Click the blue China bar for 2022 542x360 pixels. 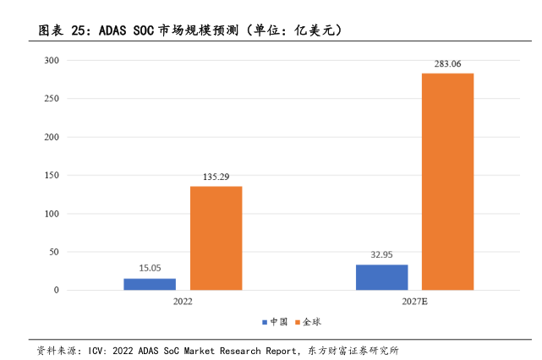[x=150, y=284]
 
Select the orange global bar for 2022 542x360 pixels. [x=216, y=238]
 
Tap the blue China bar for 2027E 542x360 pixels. [x=381, y=277]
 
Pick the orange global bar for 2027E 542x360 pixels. [x=447, y=182]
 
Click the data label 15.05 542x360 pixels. [x=150, y=268]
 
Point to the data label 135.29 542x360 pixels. [x=216, y=177]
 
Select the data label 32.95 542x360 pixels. [x=381, y=254]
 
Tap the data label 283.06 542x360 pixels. [x=447, y=63]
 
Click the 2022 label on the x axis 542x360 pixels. [x=183, y=302]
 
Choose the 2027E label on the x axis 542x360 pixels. [x=414, y=302]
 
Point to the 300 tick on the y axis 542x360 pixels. [x=52, y=61]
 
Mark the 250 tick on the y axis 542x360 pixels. [x=52, y=99]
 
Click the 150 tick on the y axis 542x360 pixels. [x=52, y=176]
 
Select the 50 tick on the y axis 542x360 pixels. [x=54, y=252]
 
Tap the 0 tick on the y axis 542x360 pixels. [x=57, y=291]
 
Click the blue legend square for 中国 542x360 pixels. [x=265, y=322]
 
